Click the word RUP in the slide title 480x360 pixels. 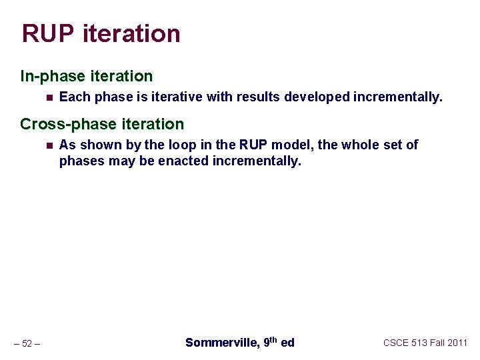pos(48,33)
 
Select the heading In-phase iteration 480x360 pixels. pos(87,76)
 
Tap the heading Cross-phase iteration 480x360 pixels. pos(102,124)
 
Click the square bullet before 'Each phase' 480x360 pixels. pos(49,97)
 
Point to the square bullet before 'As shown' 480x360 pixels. pos(49,145)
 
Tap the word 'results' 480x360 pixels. pos(257,97)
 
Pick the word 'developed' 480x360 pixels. pos(317,97)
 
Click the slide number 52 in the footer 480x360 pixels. pos(27,343)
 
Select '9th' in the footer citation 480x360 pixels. pos(270,342)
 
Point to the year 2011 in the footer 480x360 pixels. pos(457,343)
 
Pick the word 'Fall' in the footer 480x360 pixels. pos(436,343)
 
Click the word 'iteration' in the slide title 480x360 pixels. pos(131,33)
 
